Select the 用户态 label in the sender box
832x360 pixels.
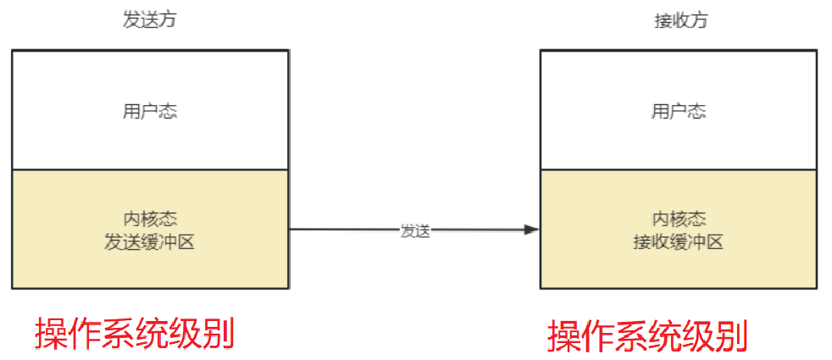150,112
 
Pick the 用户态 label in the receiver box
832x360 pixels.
679,112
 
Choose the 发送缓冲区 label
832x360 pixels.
150,242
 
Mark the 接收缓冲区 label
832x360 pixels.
679,242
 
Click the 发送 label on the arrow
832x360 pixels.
415,230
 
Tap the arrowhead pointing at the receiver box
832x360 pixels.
532,230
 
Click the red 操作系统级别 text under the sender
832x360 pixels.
134,333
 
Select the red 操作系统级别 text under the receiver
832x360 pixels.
647,336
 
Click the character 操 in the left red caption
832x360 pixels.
51,333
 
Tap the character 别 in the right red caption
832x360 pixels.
731,336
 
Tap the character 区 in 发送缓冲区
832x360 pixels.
186,242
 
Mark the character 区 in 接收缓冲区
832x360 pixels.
715,242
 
